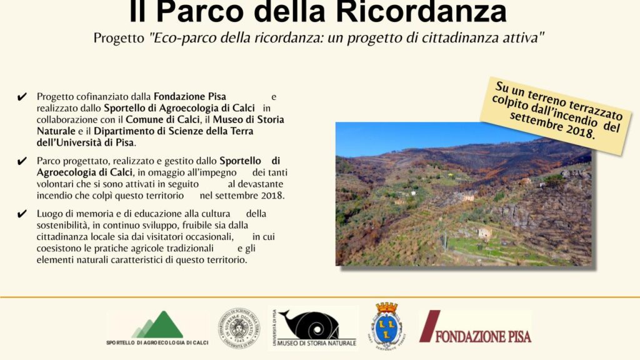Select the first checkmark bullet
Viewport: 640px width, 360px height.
[x=22, y=97]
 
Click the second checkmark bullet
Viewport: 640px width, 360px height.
[x=22, y=161]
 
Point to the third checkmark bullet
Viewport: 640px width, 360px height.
[x=22, y=214]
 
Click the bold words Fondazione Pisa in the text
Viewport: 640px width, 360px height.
[x=190, y=97]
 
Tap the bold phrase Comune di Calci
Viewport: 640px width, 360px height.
[x=162, y=119]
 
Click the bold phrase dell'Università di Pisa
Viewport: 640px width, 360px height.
[x=85, y=143]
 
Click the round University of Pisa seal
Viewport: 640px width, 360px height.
[x=239, y=328]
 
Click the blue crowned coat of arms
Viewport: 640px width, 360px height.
[x=386, y=324]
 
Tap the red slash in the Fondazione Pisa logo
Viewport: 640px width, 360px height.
[x=429, y=326]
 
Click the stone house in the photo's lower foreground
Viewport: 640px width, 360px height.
[x=484, y=234]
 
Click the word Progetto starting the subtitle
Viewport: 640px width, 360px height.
[x=119, y=38]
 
